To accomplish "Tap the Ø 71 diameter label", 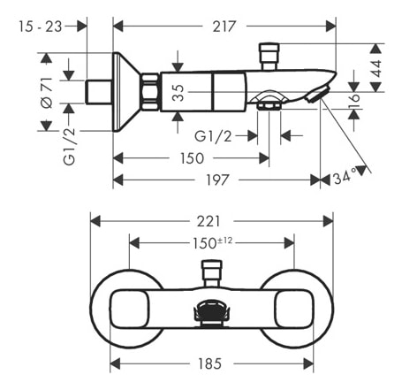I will coord(48,91).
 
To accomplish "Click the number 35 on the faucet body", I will coord(178,91).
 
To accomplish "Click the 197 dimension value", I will coord(216,180).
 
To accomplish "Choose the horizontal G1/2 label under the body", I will coord(213,136).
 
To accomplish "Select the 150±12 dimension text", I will coord(212,241).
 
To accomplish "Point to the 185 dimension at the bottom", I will coord(210,363).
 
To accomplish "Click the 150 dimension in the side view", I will coord(192,158).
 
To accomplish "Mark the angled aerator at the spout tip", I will coord(316,95).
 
